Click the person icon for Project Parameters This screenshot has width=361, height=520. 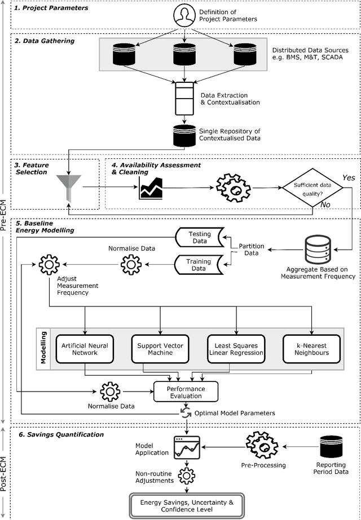tap(186, 15)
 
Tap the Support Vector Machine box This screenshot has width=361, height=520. tap(161, 349)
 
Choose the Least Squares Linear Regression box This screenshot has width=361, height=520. tap(236, 349)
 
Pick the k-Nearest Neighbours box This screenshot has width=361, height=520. tap(311, 349)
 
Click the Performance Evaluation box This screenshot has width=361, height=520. tap(186, 392)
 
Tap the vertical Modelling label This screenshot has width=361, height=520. tap(43, 349)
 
